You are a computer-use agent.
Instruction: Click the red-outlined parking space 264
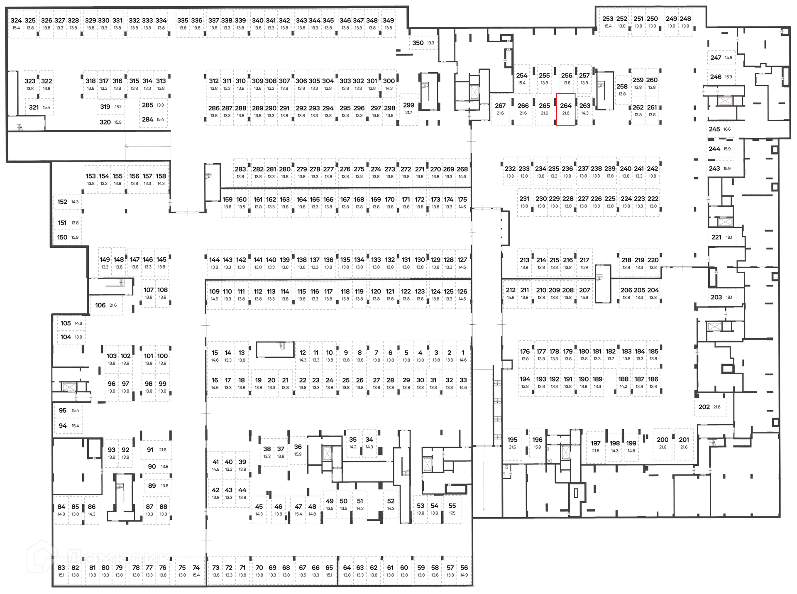566,109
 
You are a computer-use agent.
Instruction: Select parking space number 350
423,43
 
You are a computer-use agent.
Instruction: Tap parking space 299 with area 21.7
408,108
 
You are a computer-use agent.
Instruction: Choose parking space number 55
452,509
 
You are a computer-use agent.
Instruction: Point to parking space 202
709,407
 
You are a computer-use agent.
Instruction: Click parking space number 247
721,58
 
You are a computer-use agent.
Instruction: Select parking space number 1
463,356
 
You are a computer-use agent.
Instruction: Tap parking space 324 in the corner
16,24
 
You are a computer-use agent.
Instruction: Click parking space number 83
61,571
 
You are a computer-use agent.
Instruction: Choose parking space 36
298,450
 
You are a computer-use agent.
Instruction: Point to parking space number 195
512,443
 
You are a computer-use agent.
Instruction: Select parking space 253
608,22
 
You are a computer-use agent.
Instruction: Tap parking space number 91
156,450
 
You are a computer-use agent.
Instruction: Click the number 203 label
716,297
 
